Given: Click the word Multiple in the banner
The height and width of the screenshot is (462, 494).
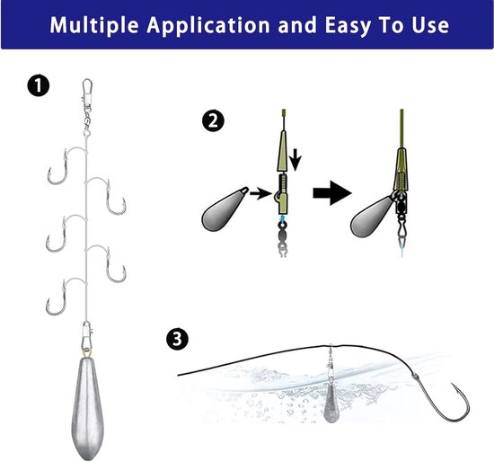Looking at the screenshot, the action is coord(94,25).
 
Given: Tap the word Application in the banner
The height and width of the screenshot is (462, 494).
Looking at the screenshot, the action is coord(208,25).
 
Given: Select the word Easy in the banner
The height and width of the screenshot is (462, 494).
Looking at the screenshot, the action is coord(348,25).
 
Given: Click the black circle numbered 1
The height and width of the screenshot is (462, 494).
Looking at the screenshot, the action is coord(38,85).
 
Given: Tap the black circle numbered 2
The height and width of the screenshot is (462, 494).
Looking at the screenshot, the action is coord(213,120).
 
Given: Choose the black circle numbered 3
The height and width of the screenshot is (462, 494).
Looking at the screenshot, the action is coord(177,340).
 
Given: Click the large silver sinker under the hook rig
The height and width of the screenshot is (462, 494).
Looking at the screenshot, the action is coord(87,407).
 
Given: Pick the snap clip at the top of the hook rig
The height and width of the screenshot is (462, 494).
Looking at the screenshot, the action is coord(88,92).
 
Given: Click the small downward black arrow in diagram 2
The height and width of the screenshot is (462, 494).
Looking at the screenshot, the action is coord(295,160).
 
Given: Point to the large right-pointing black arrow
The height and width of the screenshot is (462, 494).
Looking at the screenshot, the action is coord(332,193).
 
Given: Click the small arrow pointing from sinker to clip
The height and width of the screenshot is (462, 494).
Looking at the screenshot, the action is coord(260,193).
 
